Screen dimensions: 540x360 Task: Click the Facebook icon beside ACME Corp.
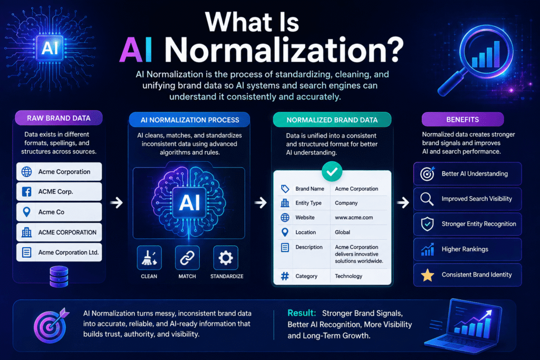tap(26, 192)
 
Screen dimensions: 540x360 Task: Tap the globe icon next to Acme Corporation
tap(26, 171)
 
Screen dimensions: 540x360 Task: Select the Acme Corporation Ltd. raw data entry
tap(59, 252)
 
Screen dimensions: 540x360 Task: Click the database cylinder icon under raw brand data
tap(59, 276)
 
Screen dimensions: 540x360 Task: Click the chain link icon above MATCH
tap(187, 258)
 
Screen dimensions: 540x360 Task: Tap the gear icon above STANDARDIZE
tap(226, 258)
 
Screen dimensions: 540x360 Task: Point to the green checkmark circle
tap(332, 171)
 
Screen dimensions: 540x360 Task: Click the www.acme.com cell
tap(354, 218)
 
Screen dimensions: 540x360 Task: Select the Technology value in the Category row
tap(349, 276)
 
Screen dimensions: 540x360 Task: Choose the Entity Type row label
tap(308, 203)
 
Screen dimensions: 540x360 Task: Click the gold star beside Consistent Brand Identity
tap(427, 275)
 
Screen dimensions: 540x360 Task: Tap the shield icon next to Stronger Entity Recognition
tap(427, 224)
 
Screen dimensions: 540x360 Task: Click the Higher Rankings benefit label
tap(465, 249)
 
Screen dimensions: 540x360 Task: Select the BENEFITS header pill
tap(462, 120)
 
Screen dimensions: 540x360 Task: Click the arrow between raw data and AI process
tap(117, 202)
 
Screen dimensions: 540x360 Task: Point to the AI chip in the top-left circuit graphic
tap(50, 48)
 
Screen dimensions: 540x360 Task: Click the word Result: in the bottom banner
tap(302, 313)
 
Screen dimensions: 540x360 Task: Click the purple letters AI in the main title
tap(136, 50)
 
